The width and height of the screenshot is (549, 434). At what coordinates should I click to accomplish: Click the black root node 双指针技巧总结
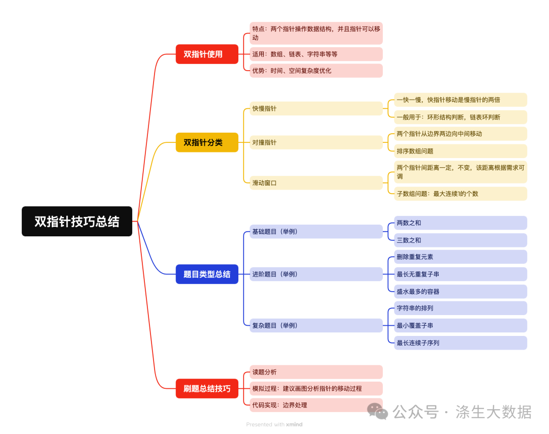pos(77,221)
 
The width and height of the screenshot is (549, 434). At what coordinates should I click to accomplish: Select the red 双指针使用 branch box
pos(207,54)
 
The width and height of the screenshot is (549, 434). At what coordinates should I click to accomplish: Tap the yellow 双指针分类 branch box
pos(207,142)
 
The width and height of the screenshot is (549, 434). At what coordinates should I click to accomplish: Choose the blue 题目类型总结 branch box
pos(207,274)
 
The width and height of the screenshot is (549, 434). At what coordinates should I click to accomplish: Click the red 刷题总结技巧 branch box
pos(207,389)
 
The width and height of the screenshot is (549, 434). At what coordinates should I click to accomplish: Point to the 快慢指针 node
pos(315,108)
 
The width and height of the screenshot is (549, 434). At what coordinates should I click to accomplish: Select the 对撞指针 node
pos(315,142)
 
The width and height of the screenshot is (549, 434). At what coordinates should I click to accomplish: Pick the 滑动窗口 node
pos(315,182)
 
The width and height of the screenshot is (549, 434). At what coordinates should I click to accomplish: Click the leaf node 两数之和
pos(460,223)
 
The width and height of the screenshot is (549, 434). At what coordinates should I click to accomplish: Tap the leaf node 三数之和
pos(460,240)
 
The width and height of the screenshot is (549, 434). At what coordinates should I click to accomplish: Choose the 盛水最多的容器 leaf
pos(460,291)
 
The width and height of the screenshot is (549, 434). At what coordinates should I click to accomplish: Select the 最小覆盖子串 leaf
pos(460,325)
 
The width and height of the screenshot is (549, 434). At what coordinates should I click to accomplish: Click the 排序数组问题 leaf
pos(460,151)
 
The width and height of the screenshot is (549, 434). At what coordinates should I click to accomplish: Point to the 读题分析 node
pos(315,371)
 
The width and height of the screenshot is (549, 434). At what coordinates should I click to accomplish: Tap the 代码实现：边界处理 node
pos(315,405)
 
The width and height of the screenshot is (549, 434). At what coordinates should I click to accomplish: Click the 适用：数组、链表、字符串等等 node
pos(315,54)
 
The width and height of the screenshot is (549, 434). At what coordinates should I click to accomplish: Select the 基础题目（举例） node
pos(315,231)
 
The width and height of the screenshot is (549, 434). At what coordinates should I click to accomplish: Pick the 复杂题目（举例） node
pos(315,325)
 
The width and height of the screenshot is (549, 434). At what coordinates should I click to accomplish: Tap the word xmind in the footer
pos(294,424)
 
